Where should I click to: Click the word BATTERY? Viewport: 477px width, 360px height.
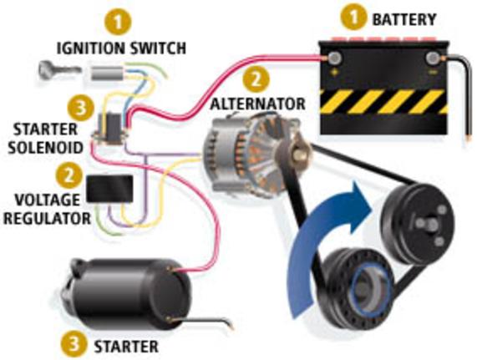404,20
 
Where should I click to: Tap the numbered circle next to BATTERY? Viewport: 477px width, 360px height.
354,18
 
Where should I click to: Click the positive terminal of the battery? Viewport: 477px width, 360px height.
335,58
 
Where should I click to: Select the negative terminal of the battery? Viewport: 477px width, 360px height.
433,58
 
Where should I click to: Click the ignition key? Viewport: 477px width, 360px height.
59,69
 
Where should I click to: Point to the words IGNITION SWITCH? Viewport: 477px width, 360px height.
121,48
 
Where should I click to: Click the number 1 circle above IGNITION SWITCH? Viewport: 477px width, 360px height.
118,23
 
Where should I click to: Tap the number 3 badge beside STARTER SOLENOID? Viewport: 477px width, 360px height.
80,108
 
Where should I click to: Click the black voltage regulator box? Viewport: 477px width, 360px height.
109,189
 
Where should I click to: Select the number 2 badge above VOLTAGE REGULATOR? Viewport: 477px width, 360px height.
69,175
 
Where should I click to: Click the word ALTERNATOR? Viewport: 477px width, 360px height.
257,104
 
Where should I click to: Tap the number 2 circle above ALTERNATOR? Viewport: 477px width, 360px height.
256,79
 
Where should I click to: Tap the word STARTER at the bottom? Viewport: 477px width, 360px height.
126,347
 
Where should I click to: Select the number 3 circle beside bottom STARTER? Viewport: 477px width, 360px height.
74,344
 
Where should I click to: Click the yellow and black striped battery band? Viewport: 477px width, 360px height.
384,102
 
